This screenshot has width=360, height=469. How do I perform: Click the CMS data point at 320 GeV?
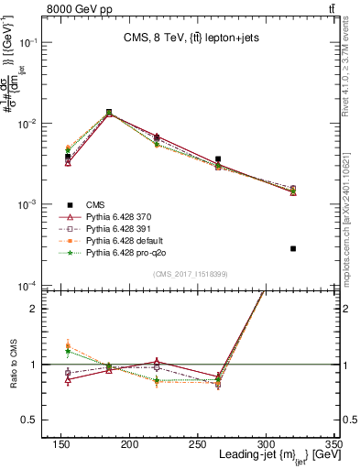coord(293,248)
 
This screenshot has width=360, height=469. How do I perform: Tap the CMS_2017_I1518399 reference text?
coord(191,273)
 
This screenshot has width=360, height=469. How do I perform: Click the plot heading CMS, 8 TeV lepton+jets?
coord(191,38)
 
